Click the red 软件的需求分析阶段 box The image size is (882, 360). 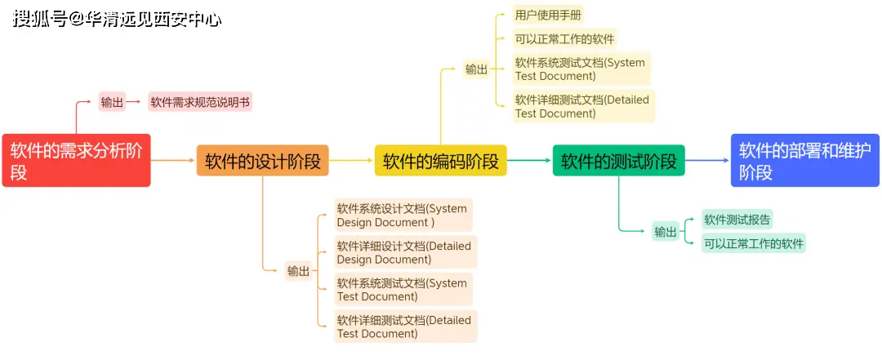pos(76,160)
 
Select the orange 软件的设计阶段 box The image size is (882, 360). pos(262,161)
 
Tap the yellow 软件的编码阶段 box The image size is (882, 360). pos(440,161)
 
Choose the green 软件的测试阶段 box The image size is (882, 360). pos(618,161)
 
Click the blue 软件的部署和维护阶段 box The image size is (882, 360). pos(804,161)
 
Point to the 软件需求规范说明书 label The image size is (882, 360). pos(200,102)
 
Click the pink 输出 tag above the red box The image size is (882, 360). pos(112,102)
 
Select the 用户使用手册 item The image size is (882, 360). pos(548,15)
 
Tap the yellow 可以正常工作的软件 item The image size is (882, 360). pos(564,38)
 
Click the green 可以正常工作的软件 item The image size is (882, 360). pos(754,242)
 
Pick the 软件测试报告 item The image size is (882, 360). pos(737,219)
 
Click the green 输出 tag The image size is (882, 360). pos(666,232)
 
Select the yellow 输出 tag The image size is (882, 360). pos(476,69)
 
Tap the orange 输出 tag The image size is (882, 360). pos(298,271)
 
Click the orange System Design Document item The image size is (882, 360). pos(403,215)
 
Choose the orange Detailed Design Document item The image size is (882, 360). pos(405,252)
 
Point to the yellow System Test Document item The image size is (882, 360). pos(581,69)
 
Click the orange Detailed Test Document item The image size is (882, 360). pos(405,327)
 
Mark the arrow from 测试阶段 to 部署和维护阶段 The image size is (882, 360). pos(707,161)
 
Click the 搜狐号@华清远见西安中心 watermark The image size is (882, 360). pos(117,19)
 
